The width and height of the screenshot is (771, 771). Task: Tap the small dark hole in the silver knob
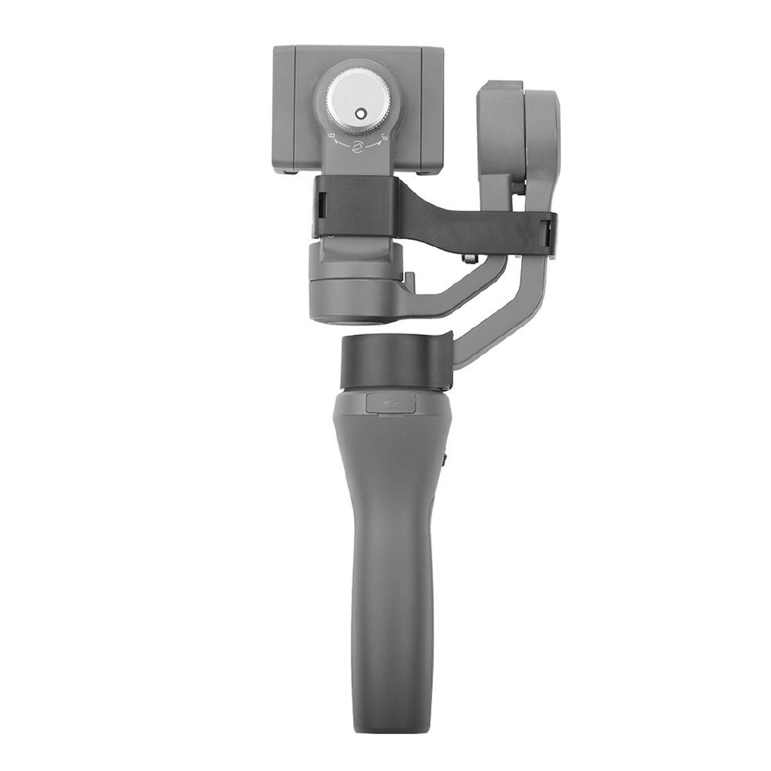pos(359,114)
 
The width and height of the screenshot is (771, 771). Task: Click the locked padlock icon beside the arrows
pos(332,136)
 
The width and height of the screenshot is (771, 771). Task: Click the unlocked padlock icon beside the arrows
pos(383,136)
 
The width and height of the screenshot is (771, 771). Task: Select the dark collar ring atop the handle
pos(392,363)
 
